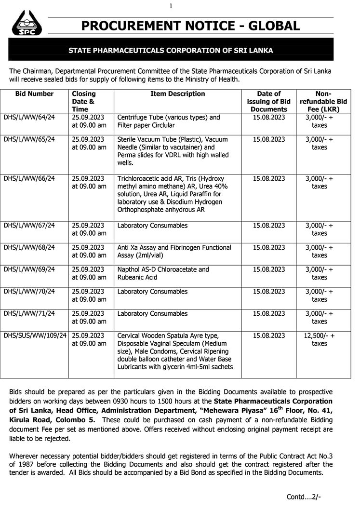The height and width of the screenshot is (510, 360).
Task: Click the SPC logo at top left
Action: tap(26, 23)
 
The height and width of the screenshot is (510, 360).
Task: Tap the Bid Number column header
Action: tap(35, 94)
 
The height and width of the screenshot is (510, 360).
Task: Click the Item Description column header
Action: tap(178, 94)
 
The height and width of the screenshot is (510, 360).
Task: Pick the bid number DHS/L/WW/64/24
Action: tap(29, 118)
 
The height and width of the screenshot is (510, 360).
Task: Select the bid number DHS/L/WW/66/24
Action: tap(29, 178)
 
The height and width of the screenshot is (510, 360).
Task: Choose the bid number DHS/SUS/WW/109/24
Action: tap(35, 336)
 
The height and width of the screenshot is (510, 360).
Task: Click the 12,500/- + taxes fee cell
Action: tap(319, 340)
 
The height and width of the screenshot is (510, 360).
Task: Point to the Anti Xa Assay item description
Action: tap(174, 251)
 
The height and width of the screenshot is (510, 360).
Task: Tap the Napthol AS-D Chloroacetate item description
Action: tap(163, 273)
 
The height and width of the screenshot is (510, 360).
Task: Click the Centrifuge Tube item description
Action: tap(168, 121)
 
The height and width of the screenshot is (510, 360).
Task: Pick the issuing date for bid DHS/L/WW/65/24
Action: tap(269, 140)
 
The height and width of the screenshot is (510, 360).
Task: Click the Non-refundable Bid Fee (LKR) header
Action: tap(319, 102)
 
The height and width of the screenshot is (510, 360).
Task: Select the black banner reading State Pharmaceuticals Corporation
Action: tap(171, 50)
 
